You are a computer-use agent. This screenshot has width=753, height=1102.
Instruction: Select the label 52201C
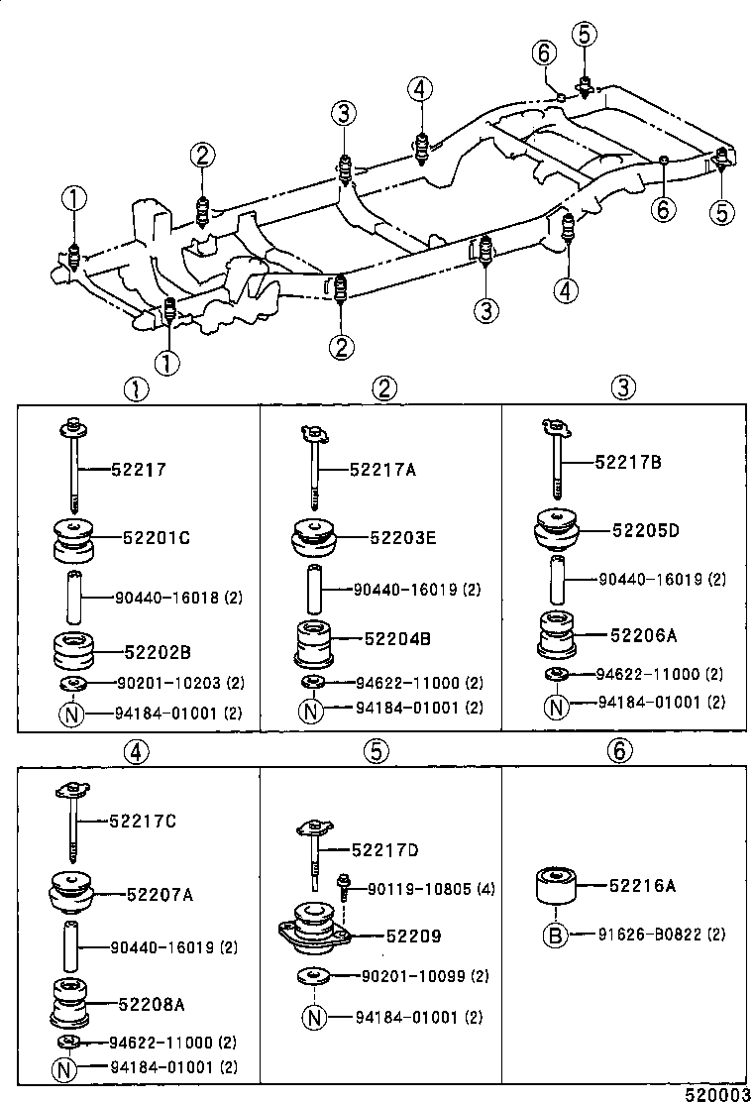click(156, 538)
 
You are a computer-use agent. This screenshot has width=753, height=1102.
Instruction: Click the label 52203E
click(402, 538)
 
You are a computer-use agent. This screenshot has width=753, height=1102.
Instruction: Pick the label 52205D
click(645, 530)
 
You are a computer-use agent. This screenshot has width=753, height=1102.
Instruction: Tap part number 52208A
click(152, 1003)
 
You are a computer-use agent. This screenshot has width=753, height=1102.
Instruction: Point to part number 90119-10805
click(414, 889)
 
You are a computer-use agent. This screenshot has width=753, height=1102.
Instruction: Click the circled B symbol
click(557, 935)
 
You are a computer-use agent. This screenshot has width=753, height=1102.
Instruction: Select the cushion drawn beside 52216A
click(557, 885)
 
